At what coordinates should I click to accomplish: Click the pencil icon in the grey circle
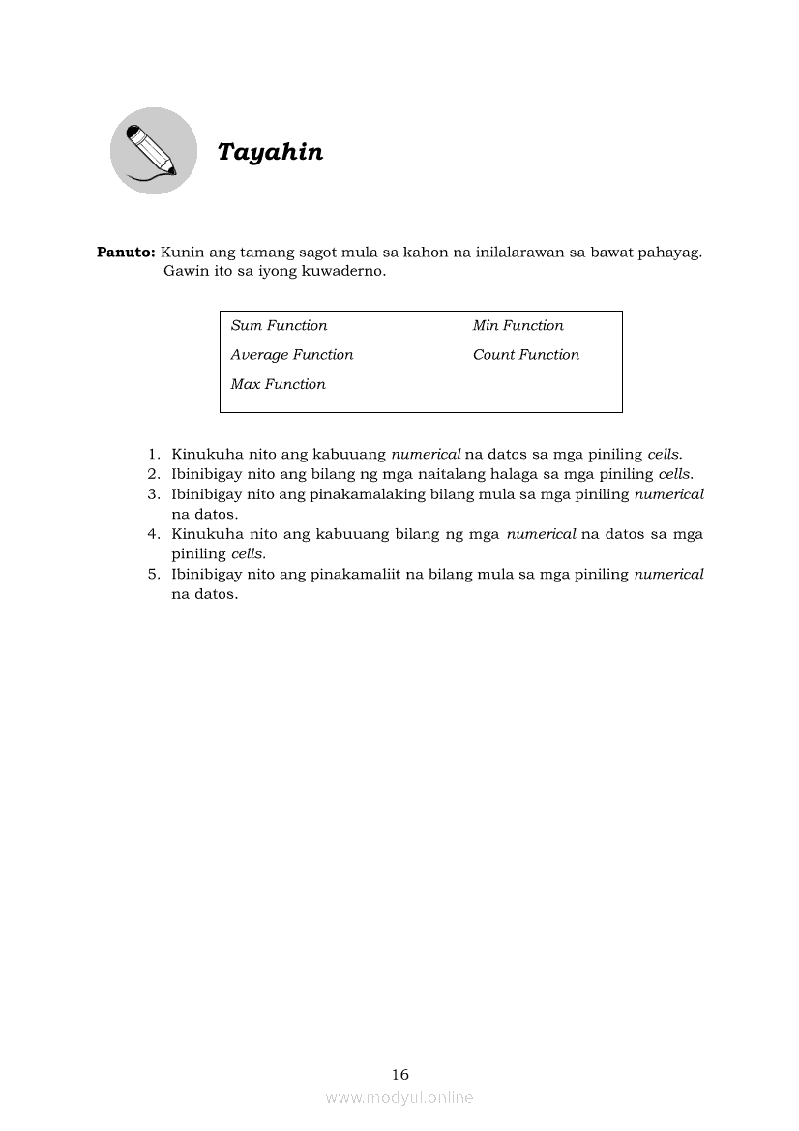[x=153, y=150]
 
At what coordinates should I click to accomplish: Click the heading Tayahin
[x=270, y=152]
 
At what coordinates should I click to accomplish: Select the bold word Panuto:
[x=126, y=253]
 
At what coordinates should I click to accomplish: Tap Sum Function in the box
[x=279, y=326]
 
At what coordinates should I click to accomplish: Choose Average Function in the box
[x=292, y=355]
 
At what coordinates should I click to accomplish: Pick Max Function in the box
[x=278, y=385]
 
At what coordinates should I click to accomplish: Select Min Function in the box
[x=518, y=326]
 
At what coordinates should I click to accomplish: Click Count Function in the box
[x=526, y=355]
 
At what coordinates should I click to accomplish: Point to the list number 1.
[x=153, y=454]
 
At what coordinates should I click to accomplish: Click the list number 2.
[x=153, y=474]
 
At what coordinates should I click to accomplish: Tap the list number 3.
[x=153, y=494]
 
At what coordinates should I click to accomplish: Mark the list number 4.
[x=153, y=534]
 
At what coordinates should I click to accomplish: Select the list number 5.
[x=153, y=574]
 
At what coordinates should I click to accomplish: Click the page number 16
[x=400, y=1074]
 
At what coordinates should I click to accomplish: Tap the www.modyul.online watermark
[x=399, y=1097]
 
